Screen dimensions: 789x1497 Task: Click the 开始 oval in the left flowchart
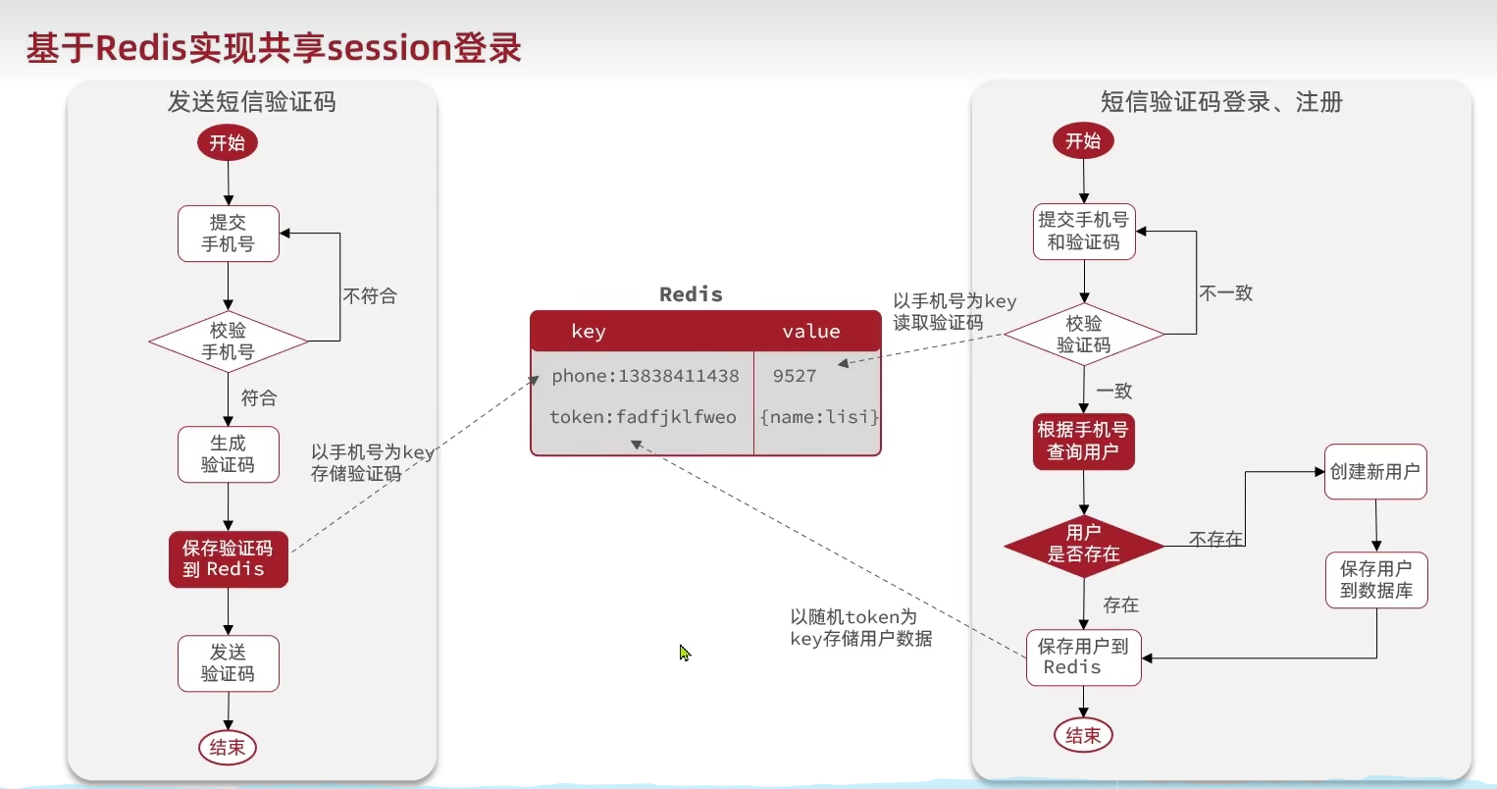pyautogui.click(x=228, y=143)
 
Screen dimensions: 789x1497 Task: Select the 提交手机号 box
pyautogui.click(x=229, y=234)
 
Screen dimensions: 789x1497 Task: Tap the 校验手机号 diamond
pyautogui.click(x=229, y=342)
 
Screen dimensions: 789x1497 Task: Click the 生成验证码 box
pyautogui.click(x=229, y=454)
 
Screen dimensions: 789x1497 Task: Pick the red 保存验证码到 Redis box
pyautogui.click(x=229, y=559)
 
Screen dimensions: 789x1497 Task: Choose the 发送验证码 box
pyautogui.click(x=229, y=663)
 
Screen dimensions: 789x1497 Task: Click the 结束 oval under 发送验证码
pyautogui.click(x=228, y=748)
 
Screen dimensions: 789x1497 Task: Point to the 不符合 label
pyautogui.click(x=370, y=296)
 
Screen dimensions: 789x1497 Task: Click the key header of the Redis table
pyautogui.click(x=589, y=332)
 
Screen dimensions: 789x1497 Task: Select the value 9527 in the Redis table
pyautogui.click(x=795, y=376)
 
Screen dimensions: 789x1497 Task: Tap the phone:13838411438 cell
pyautogui.click(x=645, y=376)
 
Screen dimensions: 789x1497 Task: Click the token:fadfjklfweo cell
pyautogui.click(x=643, y=417)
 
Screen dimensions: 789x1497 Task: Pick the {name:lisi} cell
pyautogui.click(x=819, y=417)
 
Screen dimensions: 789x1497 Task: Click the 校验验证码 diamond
pyautogui.click(x=1084, y=335)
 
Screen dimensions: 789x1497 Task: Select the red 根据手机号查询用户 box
pyautogui.click(x=1084, y=441)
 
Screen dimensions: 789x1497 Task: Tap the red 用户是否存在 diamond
pyautogui.click(x=1084, y=544)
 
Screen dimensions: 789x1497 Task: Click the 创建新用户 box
pyautogui.click(x=1375, y=472)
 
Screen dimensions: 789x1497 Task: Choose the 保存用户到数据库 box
pyautogui.click(x=1375, y=580)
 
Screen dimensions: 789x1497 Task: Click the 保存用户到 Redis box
pyautogui.click(x=1084, y=657)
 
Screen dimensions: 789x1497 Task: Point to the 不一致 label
pyautogui.click(x=1226, y=293)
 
